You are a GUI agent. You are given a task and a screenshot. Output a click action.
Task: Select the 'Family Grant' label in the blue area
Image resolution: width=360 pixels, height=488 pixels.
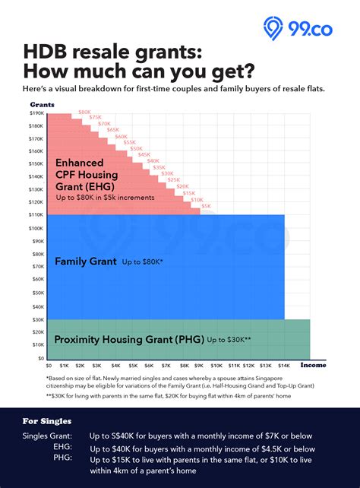point(86,261)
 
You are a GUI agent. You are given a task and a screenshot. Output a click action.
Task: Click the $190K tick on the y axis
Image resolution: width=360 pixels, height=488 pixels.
point(36,114)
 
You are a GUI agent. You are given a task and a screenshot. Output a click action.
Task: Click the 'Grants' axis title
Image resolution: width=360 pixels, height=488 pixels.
point(41,103)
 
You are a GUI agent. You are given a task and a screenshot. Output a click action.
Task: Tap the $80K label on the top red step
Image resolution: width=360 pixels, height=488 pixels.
point(84,112)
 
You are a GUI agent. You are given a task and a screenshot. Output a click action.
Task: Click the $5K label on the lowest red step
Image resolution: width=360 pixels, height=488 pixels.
point(207,206)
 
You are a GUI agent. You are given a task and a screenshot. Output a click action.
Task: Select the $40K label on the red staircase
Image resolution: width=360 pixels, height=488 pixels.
point(153,161)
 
